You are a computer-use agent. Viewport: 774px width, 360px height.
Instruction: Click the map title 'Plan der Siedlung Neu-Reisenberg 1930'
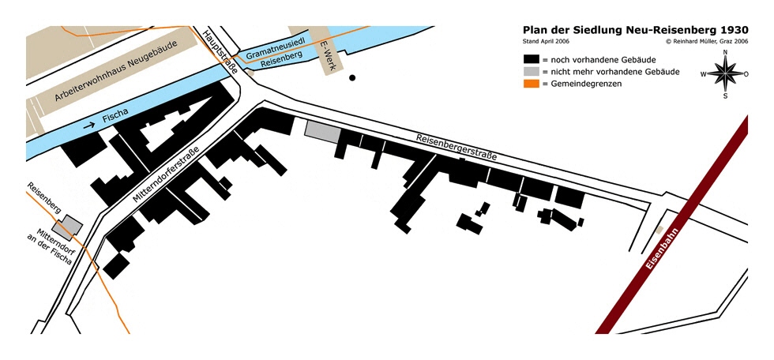tap(635, 30)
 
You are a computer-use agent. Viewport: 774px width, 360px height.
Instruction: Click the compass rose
tap(724, 74)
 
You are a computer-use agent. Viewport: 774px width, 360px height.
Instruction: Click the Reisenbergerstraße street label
tap(456, 147)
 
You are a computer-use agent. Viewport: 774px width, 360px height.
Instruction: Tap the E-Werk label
tap(329, 57)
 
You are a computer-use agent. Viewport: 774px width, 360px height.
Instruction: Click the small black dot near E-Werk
tap(352, 77)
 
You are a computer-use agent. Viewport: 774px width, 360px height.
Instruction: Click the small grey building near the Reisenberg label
tap(72, 226)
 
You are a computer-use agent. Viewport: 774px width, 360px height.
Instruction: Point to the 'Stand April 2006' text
tap(547, 41)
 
